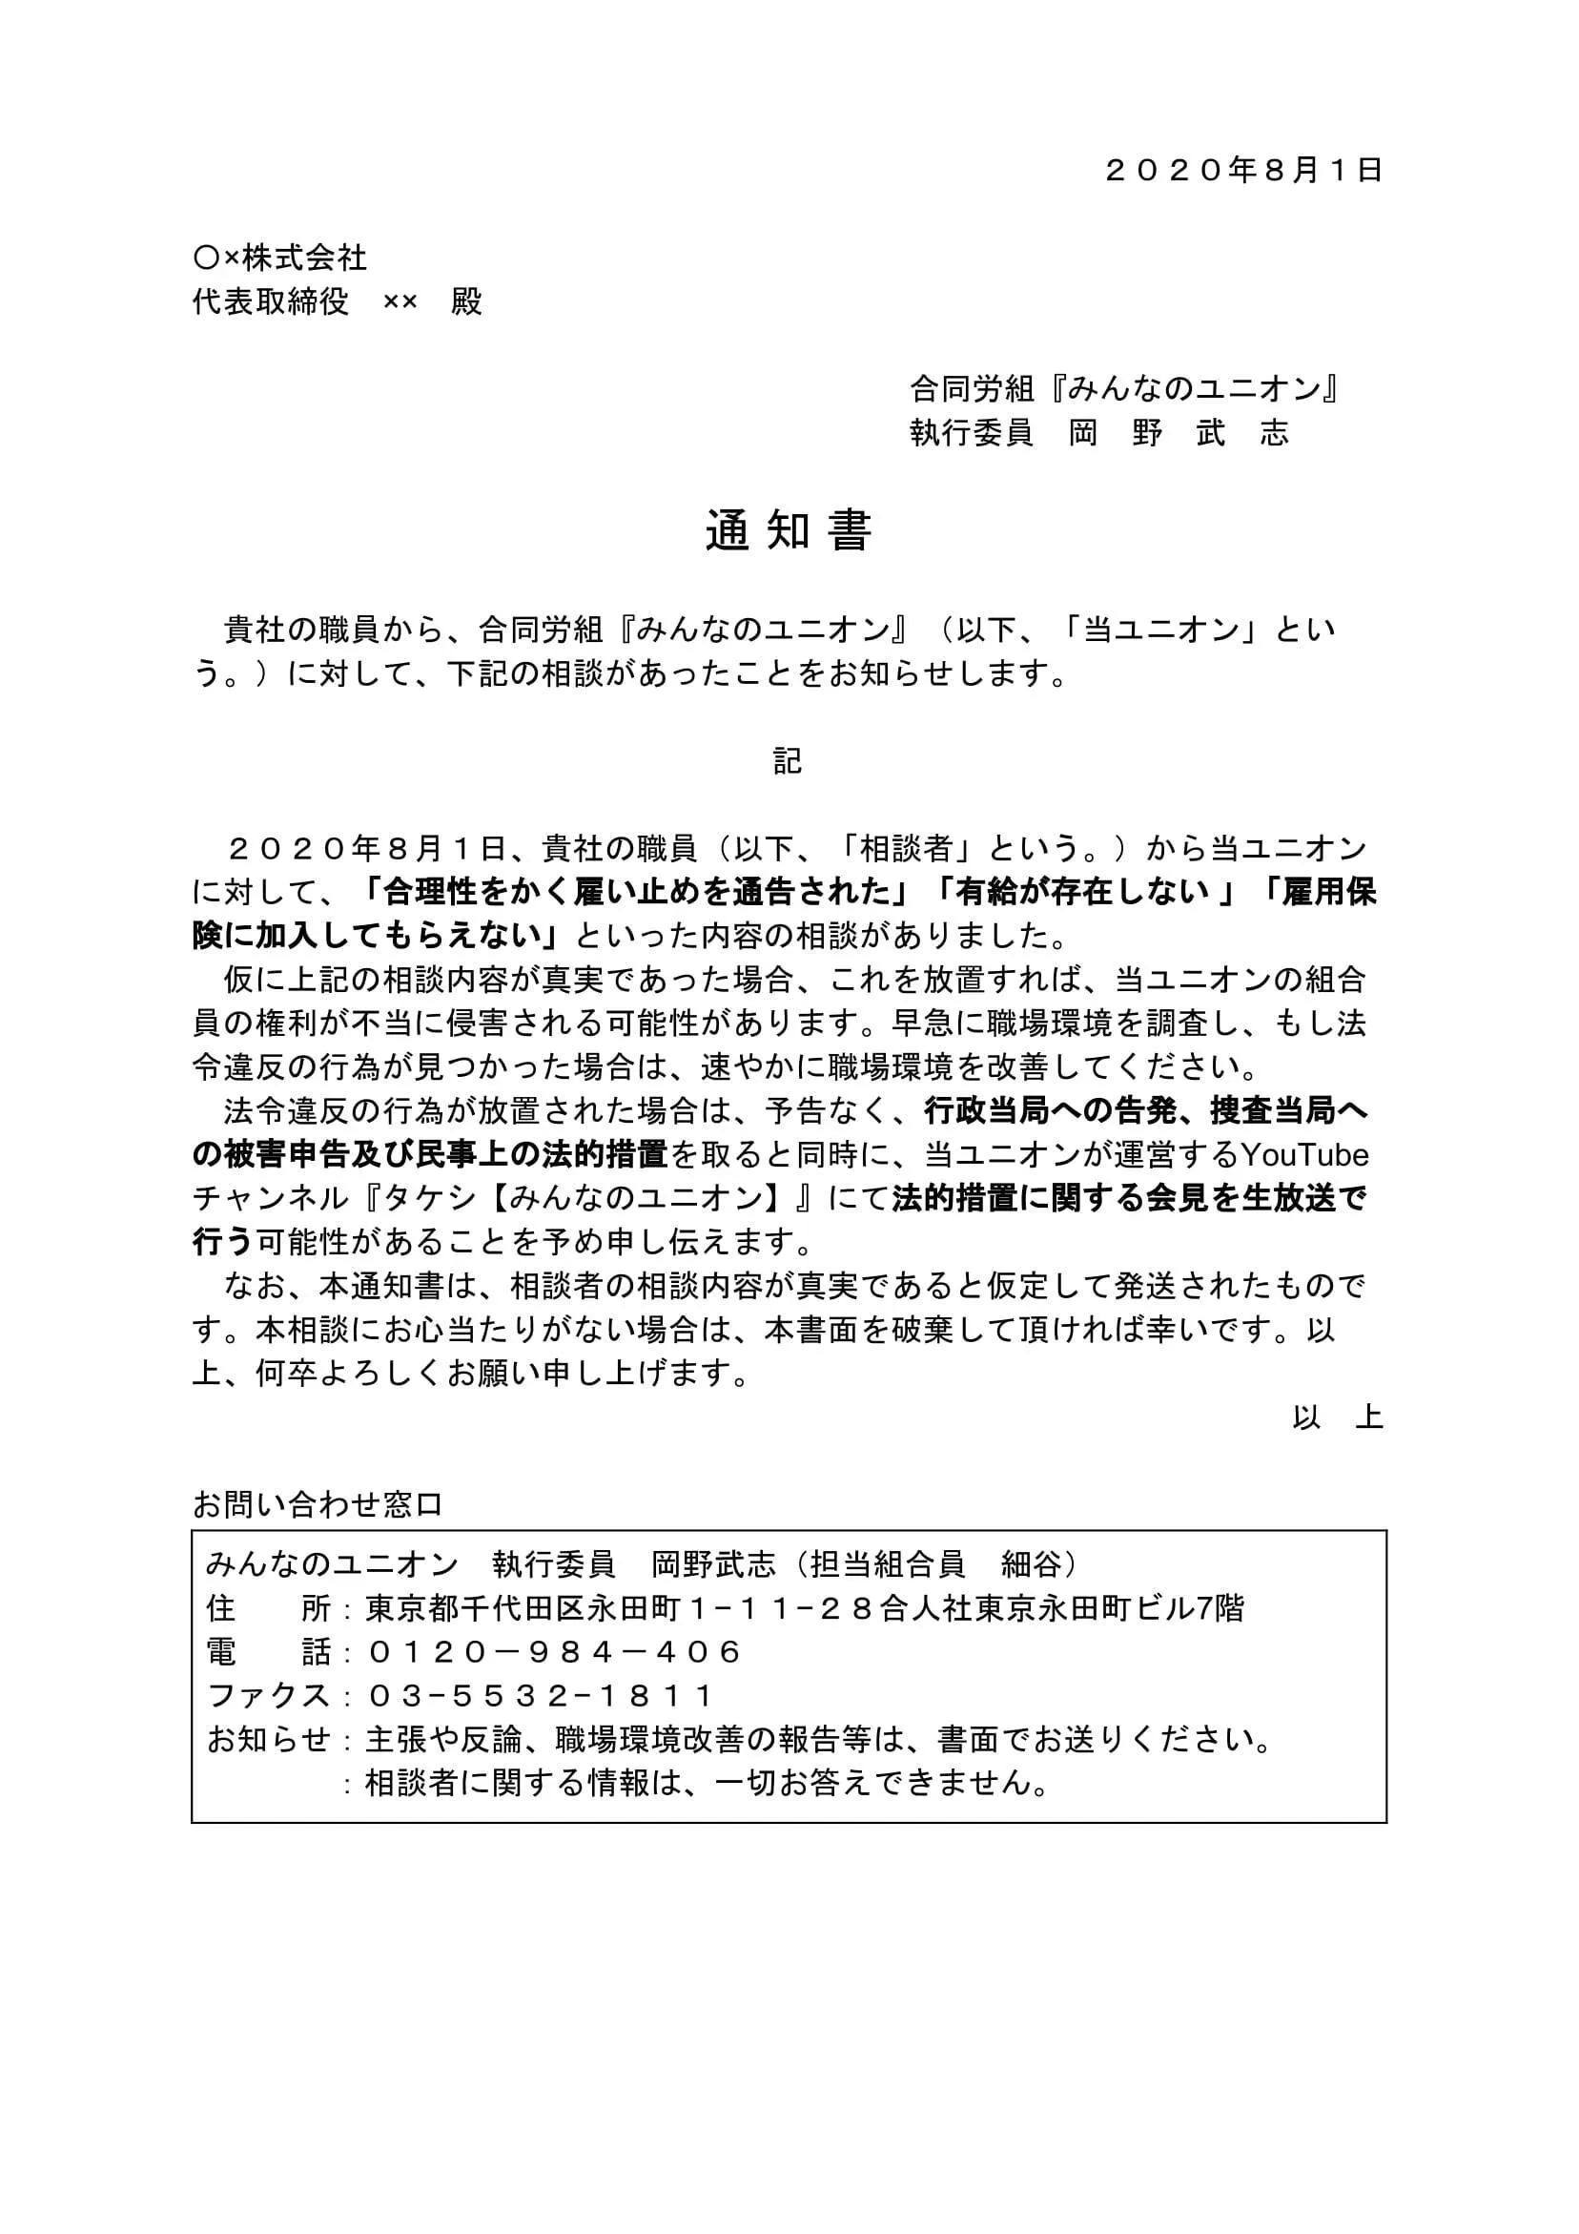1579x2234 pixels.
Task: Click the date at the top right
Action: point(1243,171)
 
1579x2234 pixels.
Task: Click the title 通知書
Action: point(788,531)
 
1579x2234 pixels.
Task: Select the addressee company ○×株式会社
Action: point(280,258)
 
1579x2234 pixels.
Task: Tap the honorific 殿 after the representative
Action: point(467,301)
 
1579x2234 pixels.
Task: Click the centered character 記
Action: point(788,761)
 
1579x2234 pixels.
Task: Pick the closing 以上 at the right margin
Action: point(1338,1417)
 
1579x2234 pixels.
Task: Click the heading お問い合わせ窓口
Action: point(318,1504)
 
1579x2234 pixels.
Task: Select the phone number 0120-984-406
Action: point(555,1651)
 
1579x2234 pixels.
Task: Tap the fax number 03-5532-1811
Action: point(541,1695)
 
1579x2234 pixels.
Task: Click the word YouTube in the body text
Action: point(1304,1155)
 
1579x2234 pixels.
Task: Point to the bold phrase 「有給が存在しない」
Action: point(1084,892)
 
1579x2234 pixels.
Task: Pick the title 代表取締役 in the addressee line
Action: point(271,301)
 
